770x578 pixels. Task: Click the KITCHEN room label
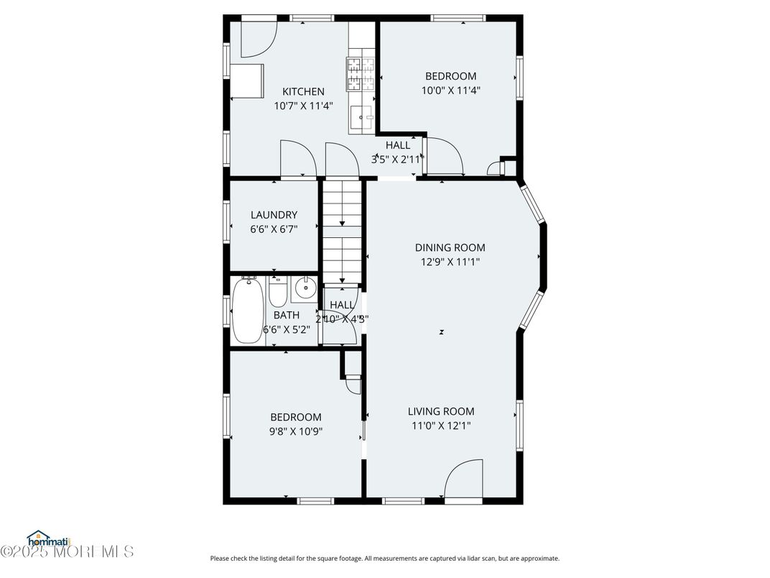pyautogui.click(x=303, y=91)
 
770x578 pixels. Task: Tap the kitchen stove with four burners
pyautogui.click(x=362, y=73)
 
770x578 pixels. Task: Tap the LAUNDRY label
pyautogui.click(x=274, y=214)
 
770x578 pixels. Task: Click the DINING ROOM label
pyautogui.click(x=450, y=247)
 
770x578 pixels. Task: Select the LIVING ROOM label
pyautogui.click(x=441, y=411)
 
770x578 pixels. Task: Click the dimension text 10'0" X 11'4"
pyautogui.click(x=450, y=91)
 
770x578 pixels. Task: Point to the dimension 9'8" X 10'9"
pyautogui.click(x=296, y=431)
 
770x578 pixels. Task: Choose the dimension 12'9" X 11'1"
pyautogui.click(x=450, y=262)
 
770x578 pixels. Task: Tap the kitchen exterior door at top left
pyautogui.click(x=258, y=38)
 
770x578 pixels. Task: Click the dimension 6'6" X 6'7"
pyautogui.click(x=274, y=229)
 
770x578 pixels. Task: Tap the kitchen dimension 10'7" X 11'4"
pyautogui.click(x=303, y=106)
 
